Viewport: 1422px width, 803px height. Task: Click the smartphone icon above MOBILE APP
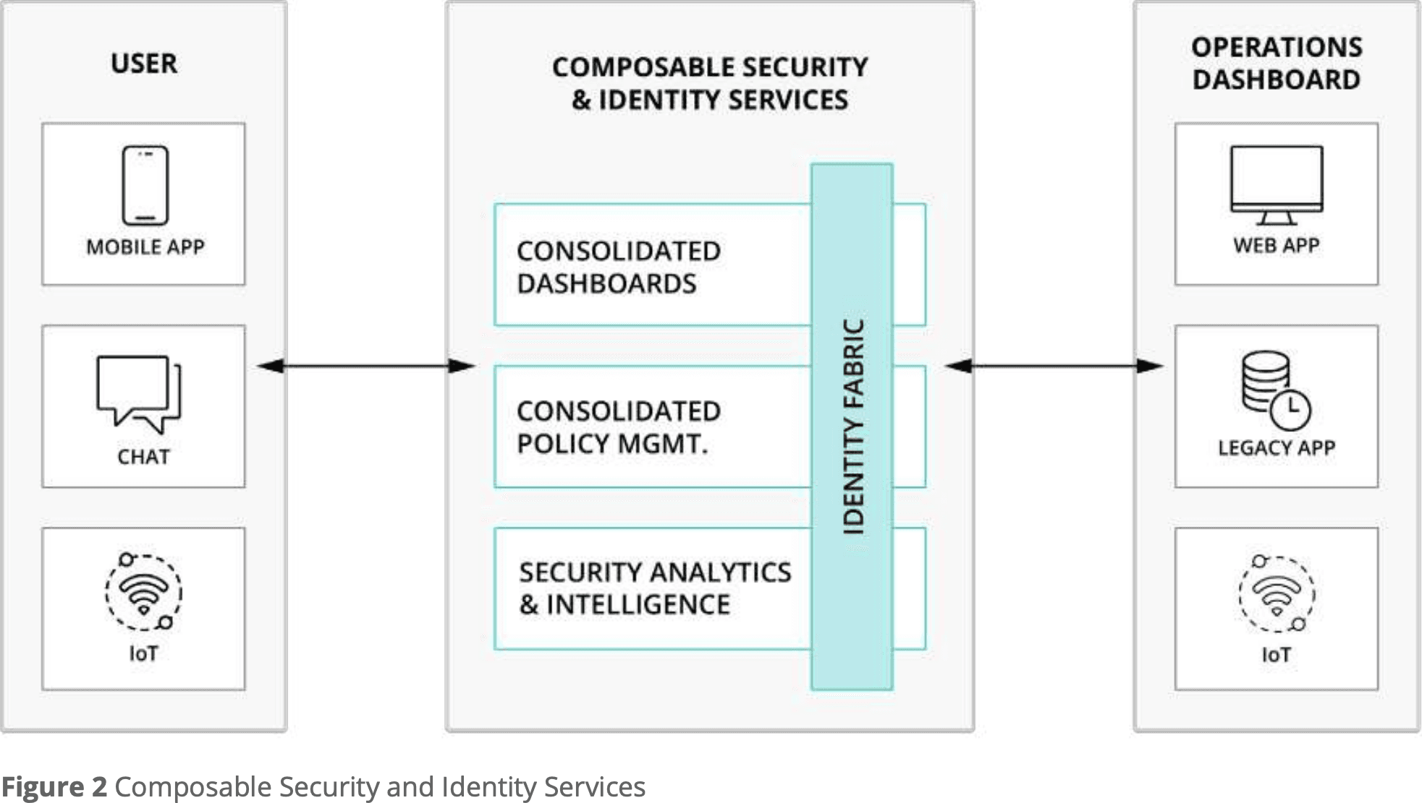(x=145, y=186)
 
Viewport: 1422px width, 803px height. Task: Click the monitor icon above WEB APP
(x=1277, y=184)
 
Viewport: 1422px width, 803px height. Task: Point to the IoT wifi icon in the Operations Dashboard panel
(x=1277, y=594)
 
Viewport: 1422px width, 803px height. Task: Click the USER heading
(x=144, y=64)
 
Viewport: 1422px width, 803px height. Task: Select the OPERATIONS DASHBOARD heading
(x=1277, y=64)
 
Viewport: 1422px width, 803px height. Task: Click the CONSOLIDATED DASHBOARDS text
(x=619, y=268)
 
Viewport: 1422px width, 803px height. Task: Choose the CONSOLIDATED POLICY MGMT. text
(x=619, y=428)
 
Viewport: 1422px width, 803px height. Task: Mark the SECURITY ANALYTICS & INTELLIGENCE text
(x=655, y=588)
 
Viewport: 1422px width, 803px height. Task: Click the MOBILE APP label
(x=145, y=247)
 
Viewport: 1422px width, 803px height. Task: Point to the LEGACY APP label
(x=1277, y=449)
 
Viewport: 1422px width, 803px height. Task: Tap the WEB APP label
(x=1277, y=246)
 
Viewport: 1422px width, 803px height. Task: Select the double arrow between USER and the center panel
(x=366, y=366)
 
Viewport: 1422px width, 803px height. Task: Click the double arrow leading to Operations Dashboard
(x=1054, y=366)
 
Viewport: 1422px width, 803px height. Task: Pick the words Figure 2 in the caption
(x=54, y=787)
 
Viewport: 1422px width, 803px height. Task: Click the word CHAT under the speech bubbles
(x=143, y=457)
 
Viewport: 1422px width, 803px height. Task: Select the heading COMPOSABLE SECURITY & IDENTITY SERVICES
(x=710, y=83)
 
